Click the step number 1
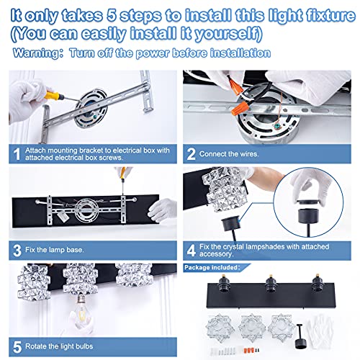coord(17,154)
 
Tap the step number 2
coord(191,154)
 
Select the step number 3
coord(17,251)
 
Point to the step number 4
coord(192,251)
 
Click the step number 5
coord(17,347)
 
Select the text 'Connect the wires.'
coord(229,154)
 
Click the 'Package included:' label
coord(212,267)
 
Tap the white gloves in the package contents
coord(321,333)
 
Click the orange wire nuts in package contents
coord(249,350)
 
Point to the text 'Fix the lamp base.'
coord(55,250)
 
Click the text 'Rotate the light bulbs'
coord(59,346)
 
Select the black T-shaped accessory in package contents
coord(300,336)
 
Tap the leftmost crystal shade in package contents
coord(220,328)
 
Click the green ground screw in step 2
coord(278,126)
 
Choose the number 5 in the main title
coord(112,15)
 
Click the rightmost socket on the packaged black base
coord(318,284)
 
